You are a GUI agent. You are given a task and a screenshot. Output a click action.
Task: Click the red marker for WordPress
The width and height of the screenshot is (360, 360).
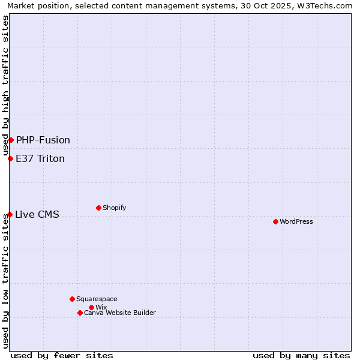[275, 221]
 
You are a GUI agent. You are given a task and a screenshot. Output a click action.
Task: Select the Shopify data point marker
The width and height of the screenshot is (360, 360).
[98, 208]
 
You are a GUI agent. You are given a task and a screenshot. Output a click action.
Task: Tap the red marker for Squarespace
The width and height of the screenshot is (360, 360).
[72, 299]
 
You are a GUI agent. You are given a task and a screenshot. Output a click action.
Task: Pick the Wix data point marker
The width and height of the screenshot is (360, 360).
[91, 307]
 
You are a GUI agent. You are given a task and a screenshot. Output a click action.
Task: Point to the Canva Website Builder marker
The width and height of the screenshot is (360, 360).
[80, 313]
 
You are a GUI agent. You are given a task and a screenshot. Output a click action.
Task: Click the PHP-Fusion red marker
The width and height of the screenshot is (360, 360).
[11, 140]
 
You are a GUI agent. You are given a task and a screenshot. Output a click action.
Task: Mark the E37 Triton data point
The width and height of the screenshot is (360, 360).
[10, 158]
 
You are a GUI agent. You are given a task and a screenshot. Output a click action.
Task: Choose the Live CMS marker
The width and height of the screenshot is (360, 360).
[10, 214]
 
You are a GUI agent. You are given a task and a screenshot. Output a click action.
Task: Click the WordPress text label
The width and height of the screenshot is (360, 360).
[296, 221]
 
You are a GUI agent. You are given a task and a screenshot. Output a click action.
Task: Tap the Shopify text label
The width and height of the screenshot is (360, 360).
[114, 208]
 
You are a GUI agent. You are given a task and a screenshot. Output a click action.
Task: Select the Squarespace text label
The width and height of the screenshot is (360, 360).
[97, 299]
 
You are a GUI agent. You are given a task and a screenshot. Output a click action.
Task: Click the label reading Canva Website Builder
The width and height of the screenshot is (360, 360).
[120, 313]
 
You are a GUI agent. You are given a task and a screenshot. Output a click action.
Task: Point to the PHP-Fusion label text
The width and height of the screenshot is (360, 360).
[43, 140]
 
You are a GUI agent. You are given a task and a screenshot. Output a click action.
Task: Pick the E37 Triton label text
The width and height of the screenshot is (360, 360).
[40, 158]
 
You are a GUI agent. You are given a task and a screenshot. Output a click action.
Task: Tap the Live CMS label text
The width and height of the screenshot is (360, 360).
[37, 214]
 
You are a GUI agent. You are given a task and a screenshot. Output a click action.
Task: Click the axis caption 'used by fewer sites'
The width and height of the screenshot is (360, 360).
[62, 355]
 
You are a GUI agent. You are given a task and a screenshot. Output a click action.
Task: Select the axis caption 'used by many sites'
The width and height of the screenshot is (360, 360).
[301, 355]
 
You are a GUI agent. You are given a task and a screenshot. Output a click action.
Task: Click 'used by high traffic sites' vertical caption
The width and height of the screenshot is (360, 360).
[5, 86]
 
